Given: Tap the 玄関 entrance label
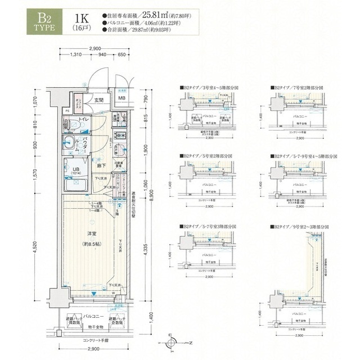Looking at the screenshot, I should [98, 100].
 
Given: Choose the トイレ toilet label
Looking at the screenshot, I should [83, 120].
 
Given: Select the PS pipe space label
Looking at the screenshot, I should [67, 111].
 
